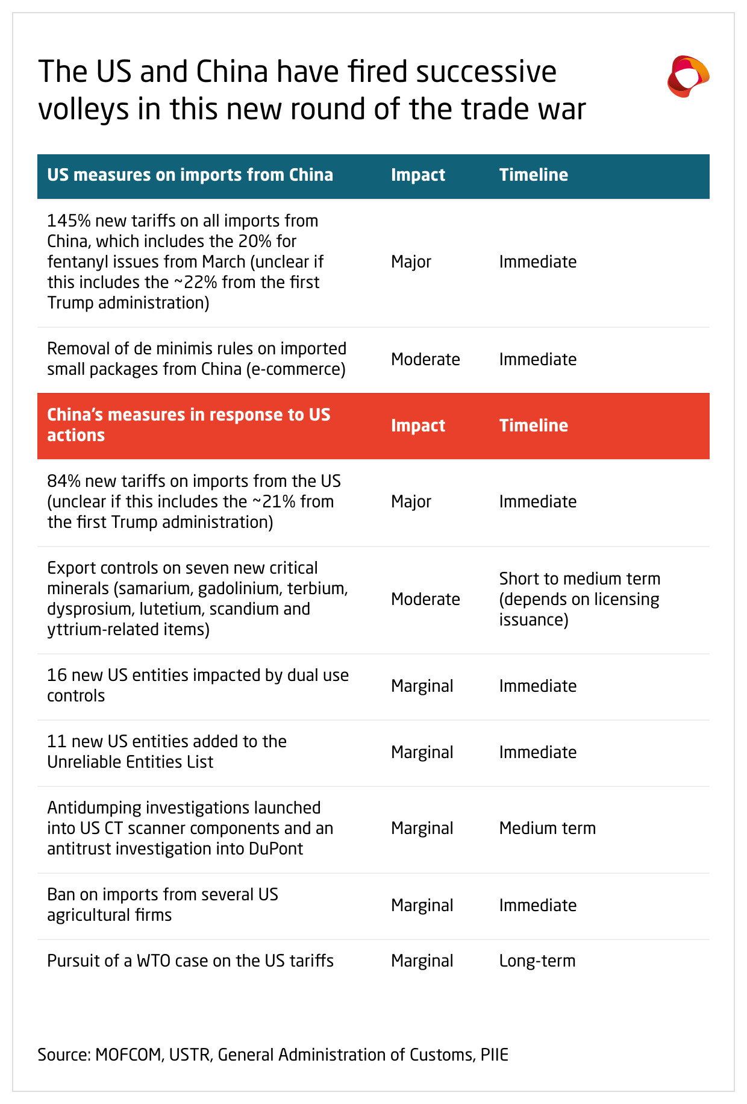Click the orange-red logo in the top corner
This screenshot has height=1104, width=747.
(688, 77)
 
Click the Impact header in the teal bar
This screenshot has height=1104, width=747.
(417, 175)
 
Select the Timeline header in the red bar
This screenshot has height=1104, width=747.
(533, 426)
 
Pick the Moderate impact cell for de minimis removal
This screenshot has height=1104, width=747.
(425, 360)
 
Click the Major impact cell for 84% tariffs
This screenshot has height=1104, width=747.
(411, 502)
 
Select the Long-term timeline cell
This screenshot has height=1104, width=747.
(537, 961)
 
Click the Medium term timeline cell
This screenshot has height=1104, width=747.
(547, 829)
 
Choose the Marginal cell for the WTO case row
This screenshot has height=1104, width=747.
(422, 961)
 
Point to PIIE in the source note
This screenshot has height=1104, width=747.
(494, 1055)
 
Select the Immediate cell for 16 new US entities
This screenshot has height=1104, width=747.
(537, 686)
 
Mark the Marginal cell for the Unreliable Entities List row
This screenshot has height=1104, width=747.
(422, 753)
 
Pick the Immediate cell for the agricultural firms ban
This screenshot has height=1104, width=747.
(537, 906)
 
